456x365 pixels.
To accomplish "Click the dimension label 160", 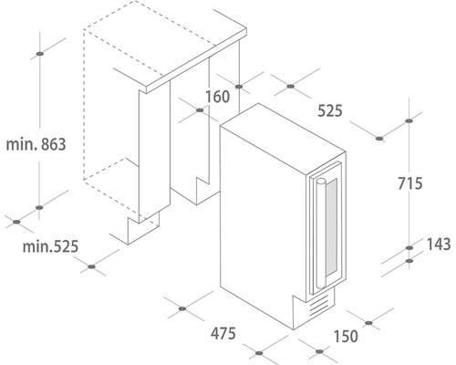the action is point(218,97).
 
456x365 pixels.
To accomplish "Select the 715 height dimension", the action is point(410,183).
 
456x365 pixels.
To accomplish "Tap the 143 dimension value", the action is point(439,245).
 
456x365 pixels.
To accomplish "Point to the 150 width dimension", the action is point(346,336).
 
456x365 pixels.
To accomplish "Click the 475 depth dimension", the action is point(223,333).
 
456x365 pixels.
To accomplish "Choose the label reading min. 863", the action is point(36,144).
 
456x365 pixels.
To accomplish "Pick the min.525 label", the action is point(50,246).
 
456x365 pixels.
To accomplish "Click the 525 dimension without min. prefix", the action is point(330,110).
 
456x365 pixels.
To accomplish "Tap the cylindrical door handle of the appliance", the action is point(320,234).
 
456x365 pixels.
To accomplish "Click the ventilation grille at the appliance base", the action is point(319,305).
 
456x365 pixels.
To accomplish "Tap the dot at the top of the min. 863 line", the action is point(39,54).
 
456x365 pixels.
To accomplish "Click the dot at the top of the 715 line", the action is point(409,121).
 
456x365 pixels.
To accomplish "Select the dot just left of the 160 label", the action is point(200,110).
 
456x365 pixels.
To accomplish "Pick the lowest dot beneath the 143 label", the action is point(409,261).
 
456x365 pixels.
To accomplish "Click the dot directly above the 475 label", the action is point(182,308).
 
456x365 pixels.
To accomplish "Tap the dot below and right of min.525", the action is point(91,266).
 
